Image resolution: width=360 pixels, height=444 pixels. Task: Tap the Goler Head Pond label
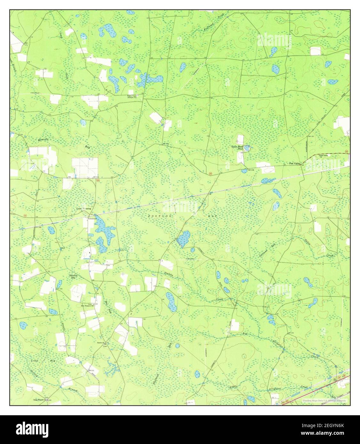tap(238, 148)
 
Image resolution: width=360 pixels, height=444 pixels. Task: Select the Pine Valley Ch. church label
tap(324, 156)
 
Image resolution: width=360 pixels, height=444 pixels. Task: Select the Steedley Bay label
tap(73, 277)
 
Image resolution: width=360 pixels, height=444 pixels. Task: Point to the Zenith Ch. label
tap(102, 342)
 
